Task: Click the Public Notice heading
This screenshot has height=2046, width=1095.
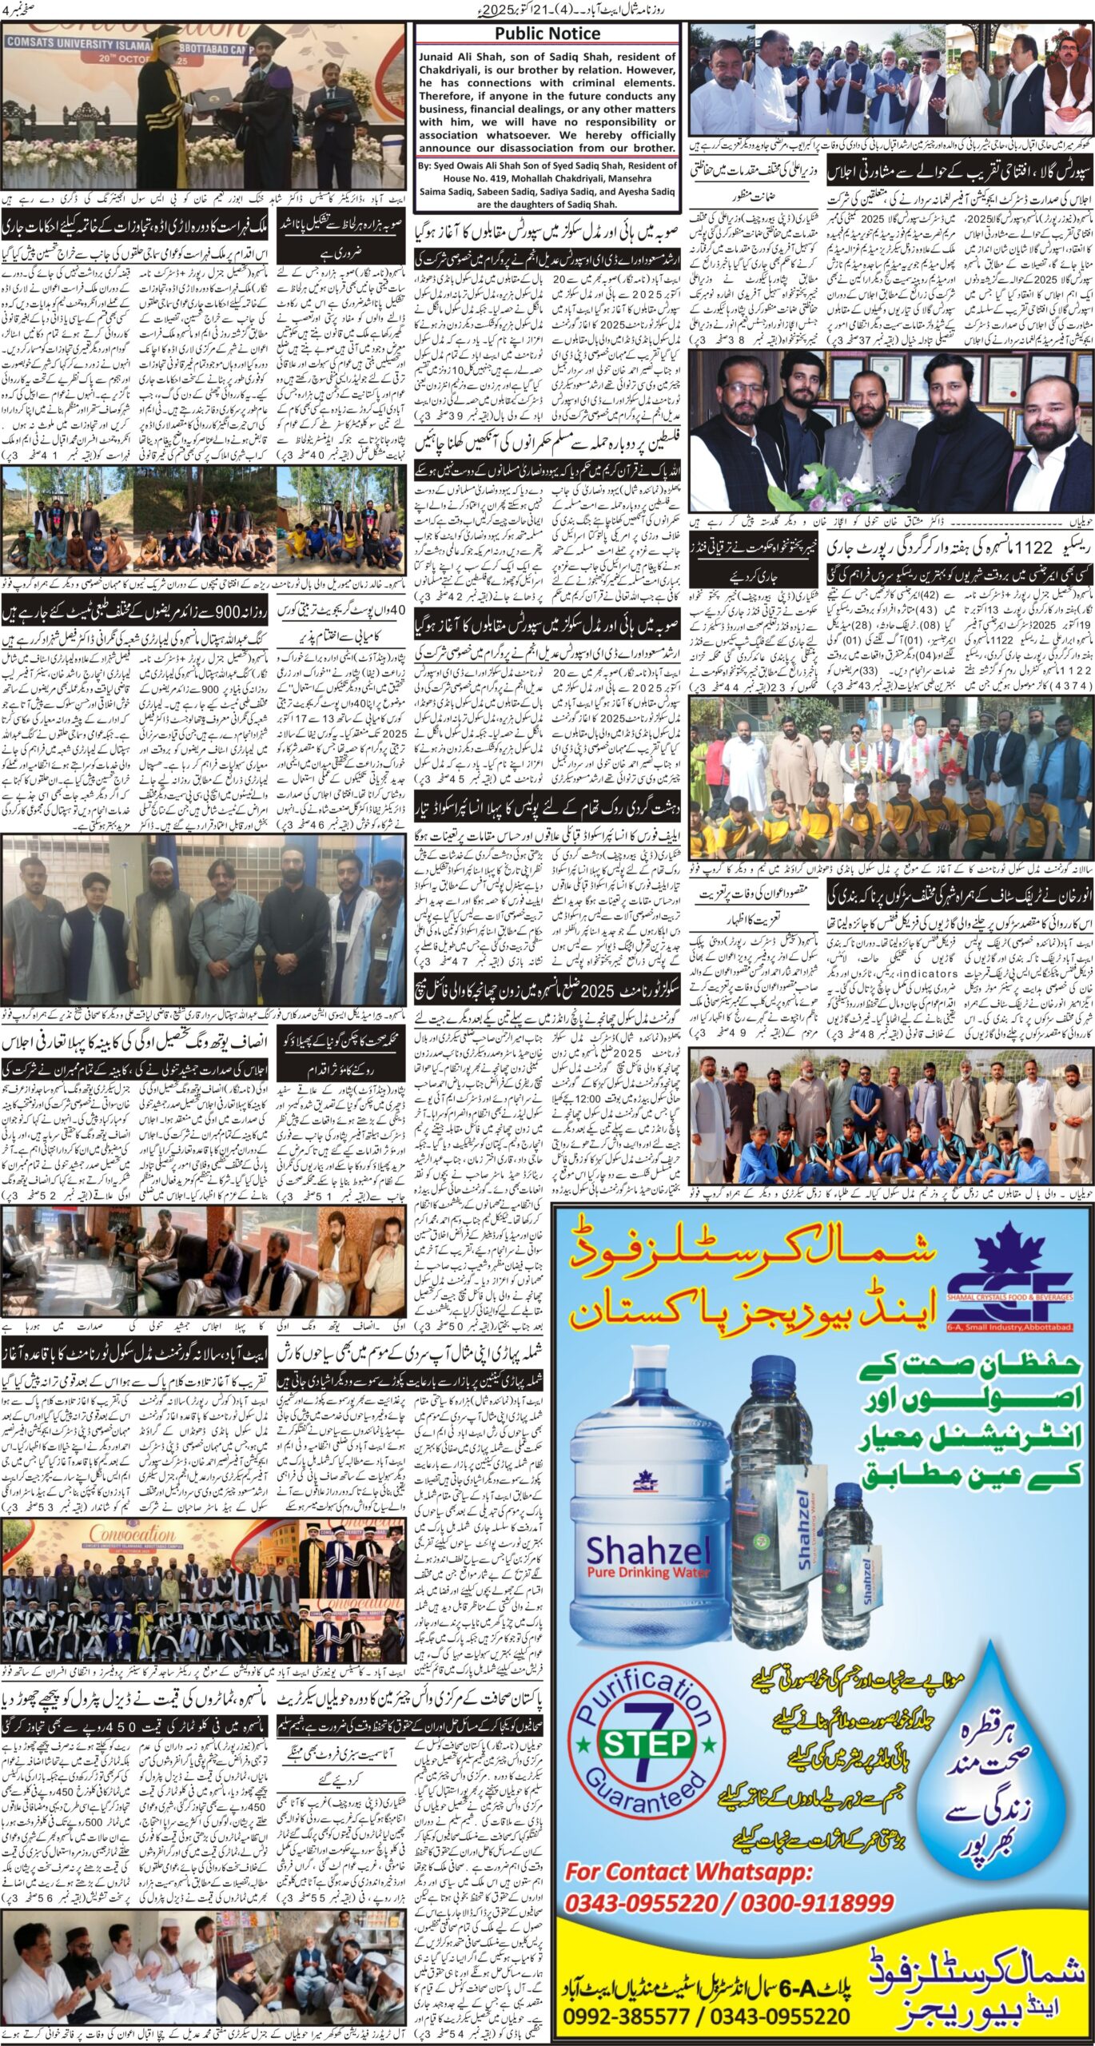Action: point(547,34)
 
